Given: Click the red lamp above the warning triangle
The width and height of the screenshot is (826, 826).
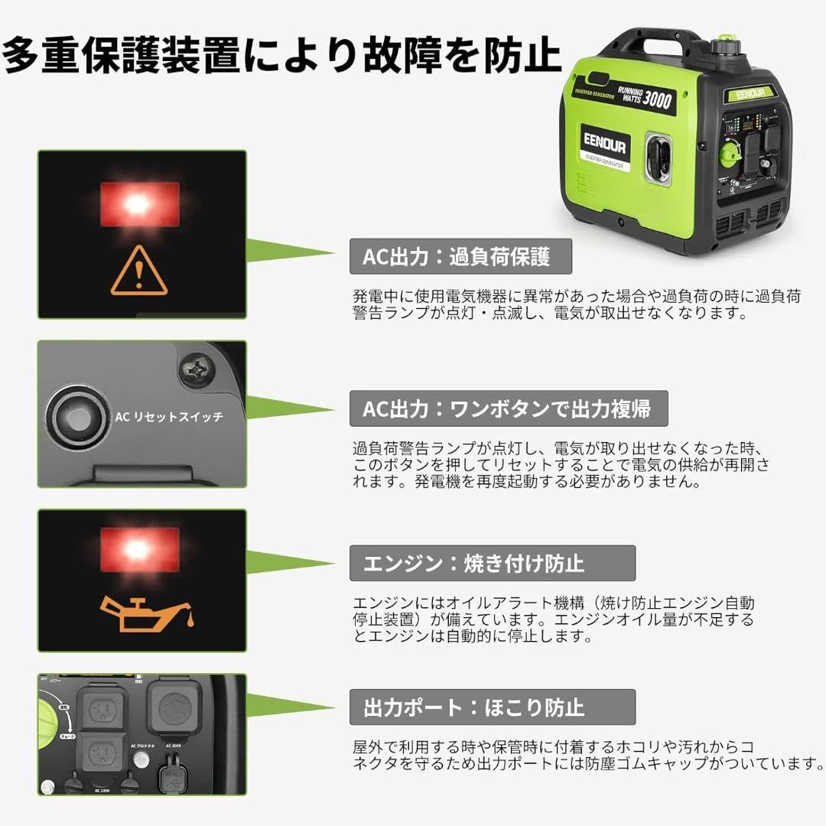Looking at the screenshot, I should click(x=140, y=203).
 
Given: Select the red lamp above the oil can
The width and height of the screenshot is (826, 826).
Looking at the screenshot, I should click(x=140, y=548).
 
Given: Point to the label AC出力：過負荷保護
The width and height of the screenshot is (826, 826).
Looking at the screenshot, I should click(x=460, y=256).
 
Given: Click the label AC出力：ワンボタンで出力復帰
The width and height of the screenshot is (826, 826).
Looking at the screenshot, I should click(x=509, y=408).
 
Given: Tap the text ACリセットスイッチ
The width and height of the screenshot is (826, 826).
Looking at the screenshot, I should click(x=169, y=417).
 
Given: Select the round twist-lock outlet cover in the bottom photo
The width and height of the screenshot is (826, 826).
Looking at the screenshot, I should click(x=175, y=709).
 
